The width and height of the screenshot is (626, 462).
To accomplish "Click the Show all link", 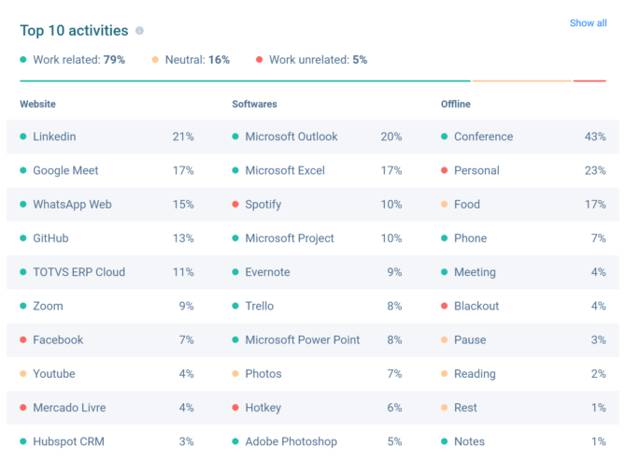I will pos(588,23).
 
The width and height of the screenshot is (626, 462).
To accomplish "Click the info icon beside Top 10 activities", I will pos(139,31).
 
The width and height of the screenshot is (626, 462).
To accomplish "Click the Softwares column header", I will pos(254,104).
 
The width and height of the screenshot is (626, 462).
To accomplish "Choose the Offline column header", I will pos(456,104).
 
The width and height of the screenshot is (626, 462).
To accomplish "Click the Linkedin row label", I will pos(54,137).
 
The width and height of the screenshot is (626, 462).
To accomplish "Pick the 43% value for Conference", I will pos(595,137).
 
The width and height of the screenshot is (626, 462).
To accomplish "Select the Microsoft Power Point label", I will pos(302,339).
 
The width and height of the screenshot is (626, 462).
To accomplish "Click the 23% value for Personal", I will pos(595,170).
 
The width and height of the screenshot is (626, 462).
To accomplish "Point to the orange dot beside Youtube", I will pos(23,374).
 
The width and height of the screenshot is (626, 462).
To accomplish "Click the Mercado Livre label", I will pos(69,408).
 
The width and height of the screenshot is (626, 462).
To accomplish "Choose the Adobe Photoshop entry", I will pos(291,441).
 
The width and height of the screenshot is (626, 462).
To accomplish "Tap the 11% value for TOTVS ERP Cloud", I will pos(183,272).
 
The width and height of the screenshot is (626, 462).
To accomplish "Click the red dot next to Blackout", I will pos(445,306).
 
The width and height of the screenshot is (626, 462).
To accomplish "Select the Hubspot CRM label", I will pos(68,441).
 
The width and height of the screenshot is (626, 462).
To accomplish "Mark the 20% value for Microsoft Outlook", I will pos(391,137).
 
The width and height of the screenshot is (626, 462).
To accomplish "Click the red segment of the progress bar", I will pos(590,81).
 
